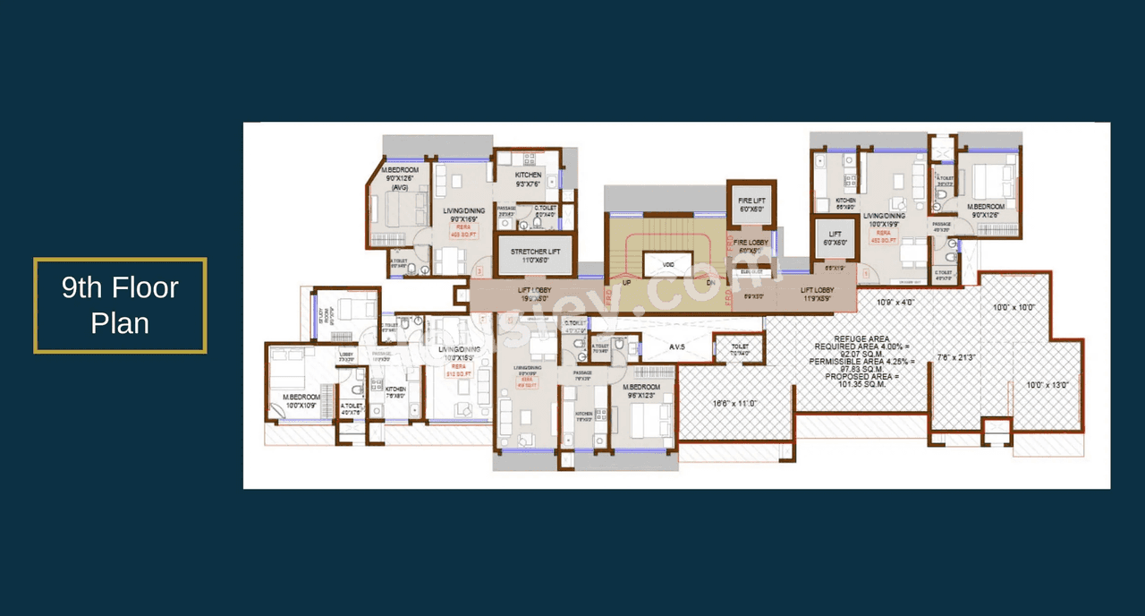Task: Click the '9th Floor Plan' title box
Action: tap(120, 305)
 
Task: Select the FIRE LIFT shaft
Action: tap(750, 204)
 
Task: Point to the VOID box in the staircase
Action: tap(668, 265)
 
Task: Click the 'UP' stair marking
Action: tap(626, 282)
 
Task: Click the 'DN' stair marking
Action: tap(711, 282)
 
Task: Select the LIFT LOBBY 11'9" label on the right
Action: tap(818, 294)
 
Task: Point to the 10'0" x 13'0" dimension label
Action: tap(1046, 385)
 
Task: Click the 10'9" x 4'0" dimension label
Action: tap(895, 302)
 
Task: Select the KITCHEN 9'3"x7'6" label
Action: tap(528, 179)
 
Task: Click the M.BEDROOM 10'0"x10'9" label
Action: tap(301, 400)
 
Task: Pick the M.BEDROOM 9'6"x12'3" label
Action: tap(640, 391)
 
